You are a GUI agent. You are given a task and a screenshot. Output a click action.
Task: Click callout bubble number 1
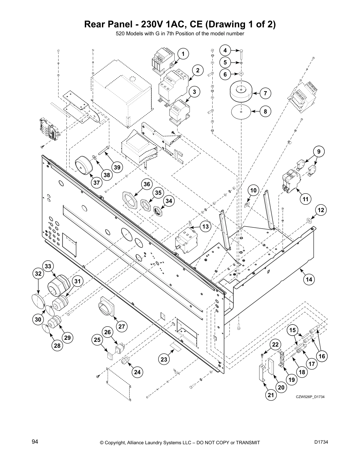click(183, 54)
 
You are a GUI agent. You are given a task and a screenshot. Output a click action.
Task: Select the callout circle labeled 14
click(309, 279)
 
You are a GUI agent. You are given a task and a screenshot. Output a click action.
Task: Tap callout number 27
click(121, 326)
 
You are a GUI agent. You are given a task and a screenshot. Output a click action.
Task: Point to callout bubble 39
click(117, 167)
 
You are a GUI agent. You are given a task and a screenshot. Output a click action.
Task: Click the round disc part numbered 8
click(241, 111)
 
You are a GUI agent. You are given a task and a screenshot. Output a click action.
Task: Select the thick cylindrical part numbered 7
click(241, 92)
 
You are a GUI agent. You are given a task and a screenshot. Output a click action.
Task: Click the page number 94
click(35, 442)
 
